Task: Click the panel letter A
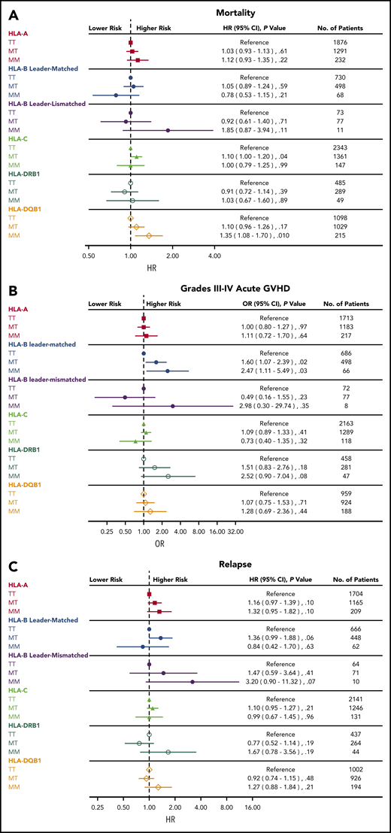pyautogui.click(x=13, y=14)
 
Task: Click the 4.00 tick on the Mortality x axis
pyautogui.click(x=214, y=256)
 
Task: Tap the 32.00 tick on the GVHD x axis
pyautogui.click(x=235, y=531)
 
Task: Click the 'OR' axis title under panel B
pyautogui.click(x=138, y=543)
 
